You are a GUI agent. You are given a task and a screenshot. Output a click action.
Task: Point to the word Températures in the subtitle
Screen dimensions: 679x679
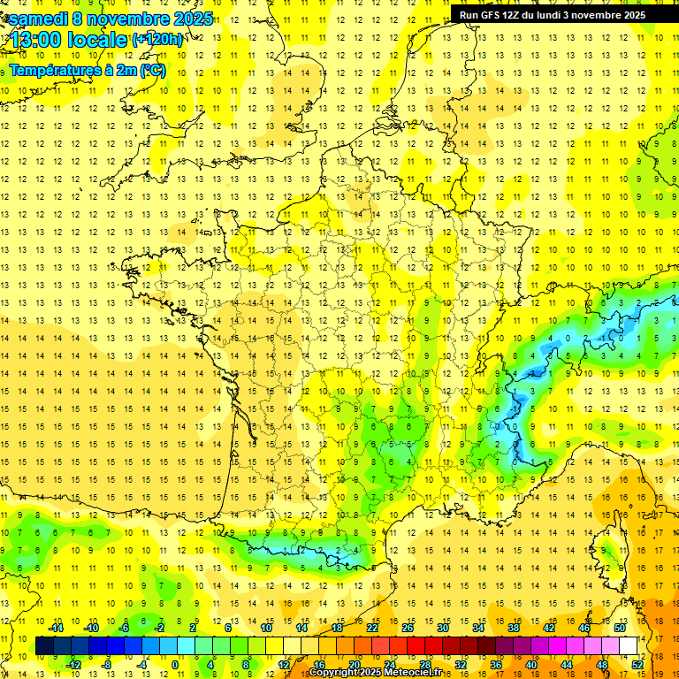57,71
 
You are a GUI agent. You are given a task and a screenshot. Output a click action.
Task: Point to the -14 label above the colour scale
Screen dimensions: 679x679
56,628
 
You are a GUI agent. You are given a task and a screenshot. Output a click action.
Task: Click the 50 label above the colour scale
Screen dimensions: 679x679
619,628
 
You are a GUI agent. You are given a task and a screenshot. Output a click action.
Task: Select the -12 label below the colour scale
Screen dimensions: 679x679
73,665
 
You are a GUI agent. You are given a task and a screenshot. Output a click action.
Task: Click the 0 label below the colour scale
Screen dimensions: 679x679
175,665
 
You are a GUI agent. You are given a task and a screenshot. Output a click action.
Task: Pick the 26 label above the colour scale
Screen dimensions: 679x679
407,628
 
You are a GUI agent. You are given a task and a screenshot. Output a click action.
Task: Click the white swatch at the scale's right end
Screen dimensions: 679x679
629,646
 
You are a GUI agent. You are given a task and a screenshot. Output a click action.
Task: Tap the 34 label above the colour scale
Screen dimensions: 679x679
477,628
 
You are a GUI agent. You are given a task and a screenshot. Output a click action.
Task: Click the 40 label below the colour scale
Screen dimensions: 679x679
530,665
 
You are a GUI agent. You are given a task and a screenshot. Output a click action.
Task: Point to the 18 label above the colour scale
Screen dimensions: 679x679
336,628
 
